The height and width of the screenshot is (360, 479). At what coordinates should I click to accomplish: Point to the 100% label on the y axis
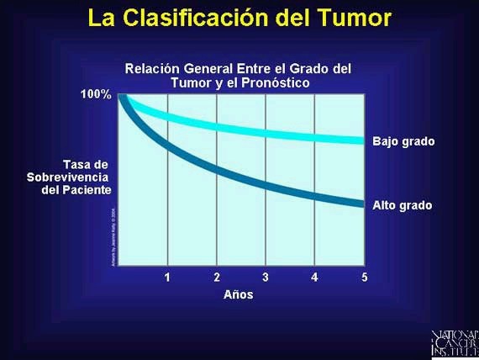point(95,93)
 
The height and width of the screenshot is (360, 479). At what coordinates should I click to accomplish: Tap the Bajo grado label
point(403,141)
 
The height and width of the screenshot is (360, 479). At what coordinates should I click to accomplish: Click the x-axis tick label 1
point(167,278)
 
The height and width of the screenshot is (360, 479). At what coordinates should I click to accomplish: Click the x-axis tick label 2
point(217,278)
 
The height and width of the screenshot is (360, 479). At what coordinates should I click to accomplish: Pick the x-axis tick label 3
point(266,278)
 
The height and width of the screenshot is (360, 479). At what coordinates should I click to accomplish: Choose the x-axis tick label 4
point(314,278)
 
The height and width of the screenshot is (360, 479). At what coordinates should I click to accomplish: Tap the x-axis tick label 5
point(364,278)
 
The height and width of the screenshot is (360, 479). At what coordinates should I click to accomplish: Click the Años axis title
point(238,295)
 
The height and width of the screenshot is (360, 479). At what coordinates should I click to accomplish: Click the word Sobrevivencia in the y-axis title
point(68,177)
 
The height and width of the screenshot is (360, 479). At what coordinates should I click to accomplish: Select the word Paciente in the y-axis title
point(87,189)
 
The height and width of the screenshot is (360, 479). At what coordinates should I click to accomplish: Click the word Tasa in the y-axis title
point(85,163)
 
